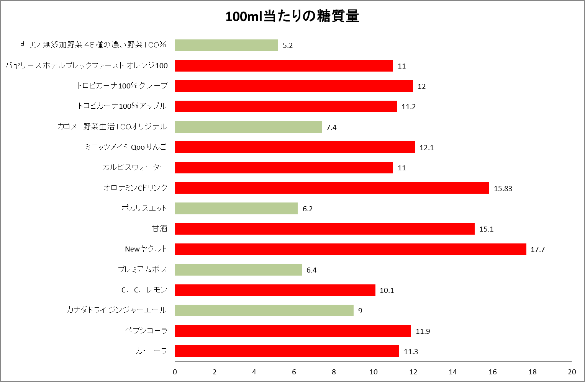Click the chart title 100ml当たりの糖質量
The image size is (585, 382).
[x=292, y=16]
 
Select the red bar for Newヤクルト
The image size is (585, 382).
[x=351, y=249]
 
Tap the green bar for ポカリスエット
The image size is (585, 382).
[x=236, y=209]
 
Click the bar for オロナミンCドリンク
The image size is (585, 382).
[x=332, y=188]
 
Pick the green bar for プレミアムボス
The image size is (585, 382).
[x=238, y=269]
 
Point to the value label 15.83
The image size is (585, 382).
[x=503, y=188]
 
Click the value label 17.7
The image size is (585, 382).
[x=538, y=250]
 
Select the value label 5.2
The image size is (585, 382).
[x=288, y=46]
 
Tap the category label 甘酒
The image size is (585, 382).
[x=160, y=229]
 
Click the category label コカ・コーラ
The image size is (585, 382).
[x=148, y=351]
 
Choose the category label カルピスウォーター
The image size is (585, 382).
[x=134, y=167]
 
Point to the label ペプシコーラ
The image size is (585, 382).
[x=146, y=331]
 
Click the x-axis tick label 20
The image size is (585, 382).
[x=572, y=372]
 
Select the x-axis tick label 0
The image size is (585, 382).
[x=175, y=372]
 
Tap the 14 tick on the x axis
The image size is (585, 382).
[x=452, y=372]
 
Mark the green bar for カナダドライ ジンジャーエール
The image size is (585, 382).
[x=264, y=310]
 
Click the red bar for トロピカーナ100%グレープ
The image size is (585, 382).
[x=294, y=86]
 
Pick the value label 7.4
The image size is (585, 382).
[x=331, y=127]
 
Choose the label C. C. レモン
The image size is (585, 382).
[x=144, y=290]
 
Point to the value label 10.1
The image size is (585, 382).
[x=387, y=291]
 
